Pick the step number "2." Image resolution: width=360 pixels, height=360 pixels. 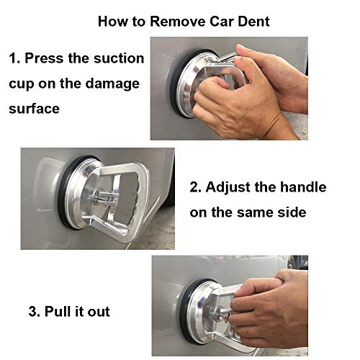(197, 188)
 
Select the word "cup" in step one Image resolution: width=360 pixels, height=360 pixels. (22, 84)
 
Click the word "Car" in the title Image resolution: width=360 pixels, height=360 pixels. (219, 21)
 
